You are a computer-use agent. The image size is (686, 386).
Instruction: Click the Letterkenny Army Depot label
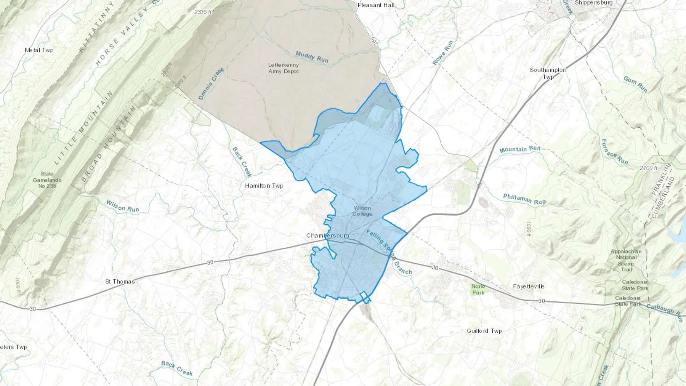click(x=284, y=68)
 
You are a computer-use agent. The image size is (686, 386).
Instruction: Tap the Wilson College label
click(x=362, y=211)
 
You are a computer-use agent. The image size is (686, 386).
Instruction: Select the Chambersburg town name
click(x=327, y=235)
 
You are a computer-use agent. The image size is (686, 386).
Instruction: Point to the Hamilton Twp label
click(x=264, y=186)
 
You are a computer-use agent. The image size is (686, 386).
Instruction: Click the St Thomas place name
click(x=120, y=282)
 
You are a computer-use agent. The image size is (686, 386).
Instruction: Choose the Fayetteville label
click(x=528, y=286)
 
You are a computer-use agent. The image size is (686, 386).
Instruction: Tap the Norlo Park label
click(x=478, y=289)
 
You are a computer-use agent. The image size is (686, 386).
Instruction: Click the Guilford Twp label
click(x=484, y=331)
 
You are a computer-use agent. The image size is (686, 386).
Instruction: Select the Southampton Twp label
click(x=548, y=73)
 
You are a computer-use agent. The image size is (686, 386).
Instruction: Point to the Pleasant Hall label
click(x=376, y=5)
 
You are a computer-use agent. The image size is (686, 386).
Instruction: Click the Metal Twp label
click(x=39, y=50)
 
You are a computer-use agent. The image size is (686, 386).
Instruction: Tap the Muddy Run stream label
click(x=312, y=57)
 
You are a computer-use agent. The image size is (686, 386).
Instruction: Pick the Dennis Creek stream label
click(x=211, y=83)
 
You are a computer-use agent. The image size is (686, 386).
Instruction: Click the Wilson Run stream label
click(x=122, y=206)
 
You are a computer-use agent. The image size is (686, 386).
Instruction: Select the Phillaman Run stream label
click(x=524, y=199)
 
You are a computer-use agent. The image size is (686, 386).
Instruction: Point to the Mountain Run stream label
click(x=520, y=149)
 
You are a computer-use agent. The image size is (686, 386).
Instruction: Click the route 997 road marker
click(x=374, y=41)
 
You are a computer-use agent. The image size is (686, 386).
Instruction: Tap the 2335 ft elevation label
click(x=203, y=12)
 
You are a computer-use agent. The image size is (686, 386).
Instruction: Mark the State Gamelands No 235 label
click(x=47, y=180)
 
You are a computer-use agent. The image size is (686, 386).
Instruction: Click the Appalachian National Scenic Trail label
click(x=626, y=260)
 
